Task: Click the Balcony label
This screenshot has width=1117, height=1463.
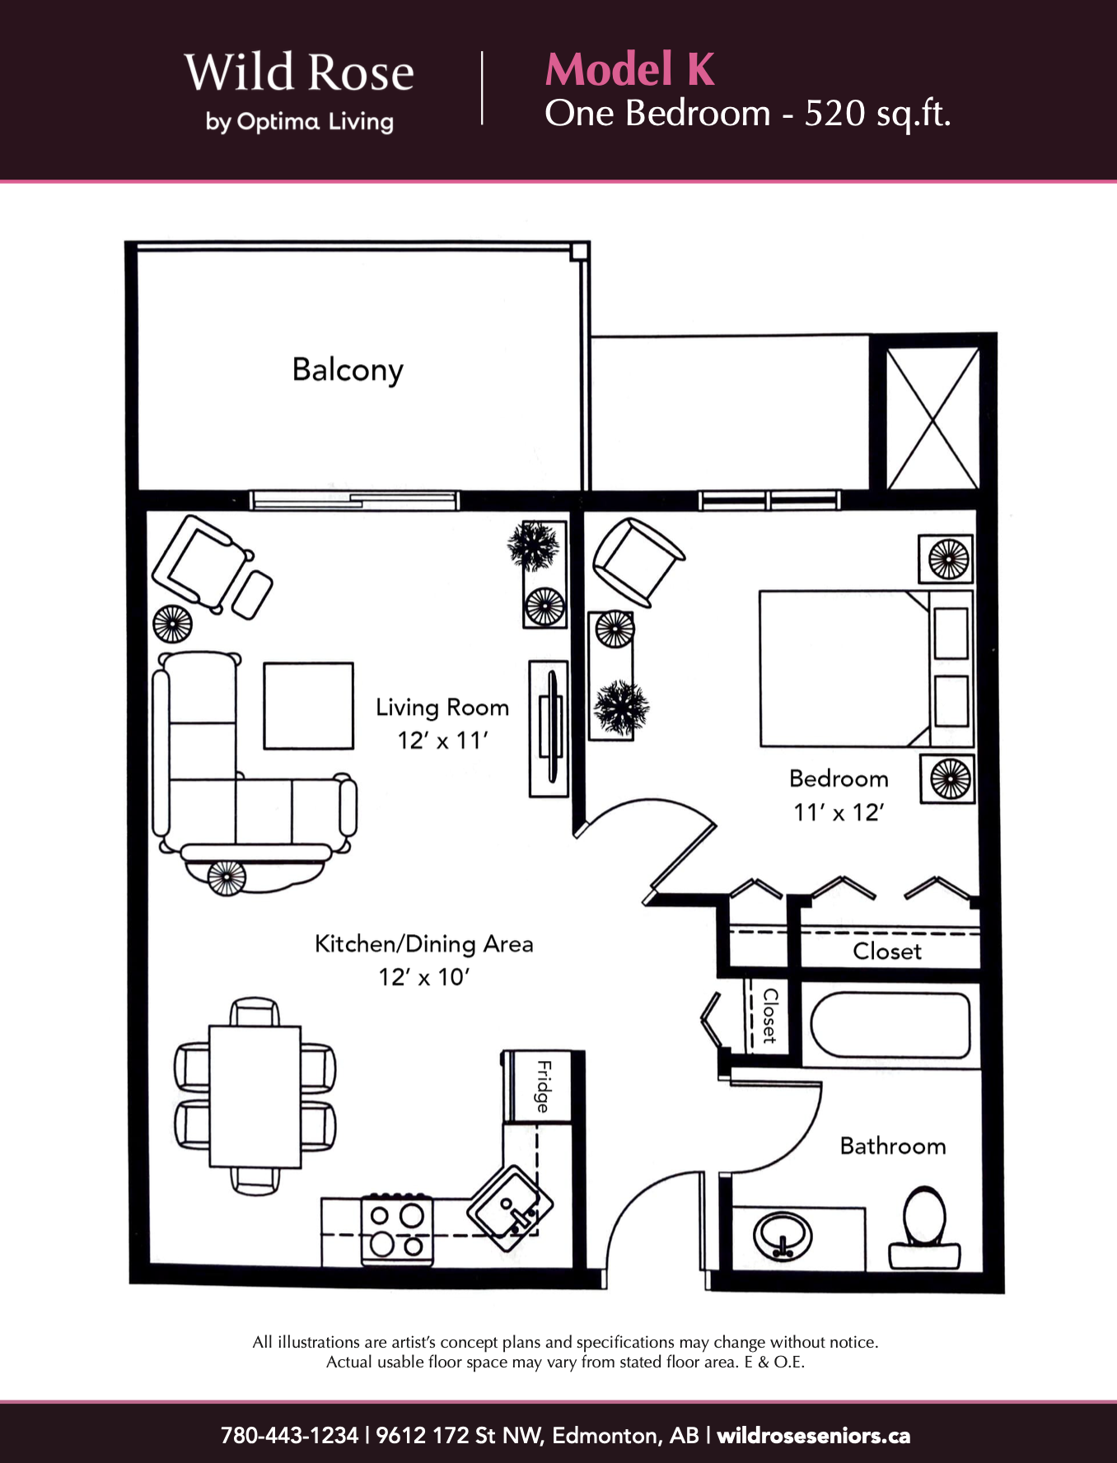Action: coord(348,370)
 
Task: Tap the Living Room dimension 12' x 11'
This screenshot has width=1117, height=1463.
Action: coord(443,741)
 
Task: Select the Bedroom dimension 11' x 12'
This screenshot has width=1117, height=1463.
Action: coord(839,812)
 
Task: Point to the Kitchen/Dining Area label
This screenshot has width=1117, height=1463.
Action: coord(424,944)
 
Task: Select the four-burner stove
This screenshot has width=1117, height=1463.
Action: coord(397,1229)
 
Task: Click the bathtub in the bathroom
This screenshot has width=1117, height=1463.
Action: coord(890,1026)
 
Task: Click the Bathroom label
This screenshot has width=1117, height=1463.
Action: coord(893,1146)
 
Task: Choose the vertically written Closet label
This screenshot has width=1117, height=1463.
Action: coord(770,1017)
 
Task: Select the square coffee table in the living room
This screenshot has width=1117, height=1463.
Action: coord(308,706)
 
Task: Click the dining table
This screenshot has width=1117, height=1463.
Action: coord(255,1096)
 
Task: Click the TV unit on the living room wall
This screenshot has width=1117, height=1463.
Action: coord(549,728)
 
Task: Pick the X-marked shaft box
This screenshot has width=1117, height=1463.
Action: coord(932,418)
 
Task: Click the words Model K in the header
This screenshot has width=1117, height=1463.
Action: coord(630,68)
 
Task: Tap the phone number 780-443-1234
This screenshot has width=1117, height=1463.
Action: coord(289,1436)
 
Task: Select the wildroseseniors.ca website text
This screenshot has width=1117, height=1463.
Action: coord(814,1436)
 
